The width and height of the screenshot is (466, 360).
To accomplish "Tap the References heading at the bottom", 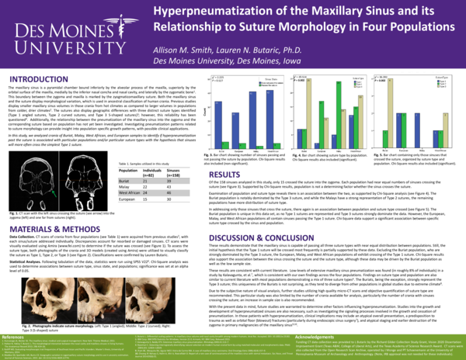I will [14, 317].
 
